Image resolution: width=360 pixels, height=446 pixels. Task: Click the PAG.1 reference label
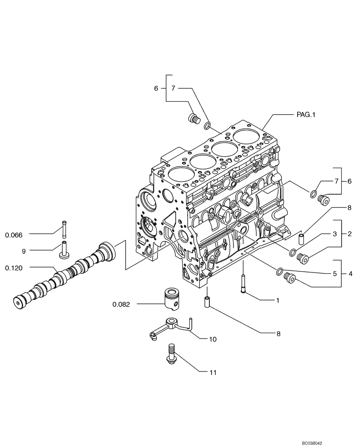tap(306, 115)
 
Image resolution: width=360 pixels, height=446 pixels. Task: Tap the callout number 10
tap(213, 339)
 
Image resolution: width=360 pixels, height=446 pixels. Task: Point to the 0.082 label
tap(121, 305)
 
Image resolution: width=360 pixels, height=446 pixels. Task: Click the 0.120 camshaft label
tap(14, 268)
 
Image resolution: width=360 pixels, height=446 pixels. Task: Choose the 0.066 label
tap(14, 234)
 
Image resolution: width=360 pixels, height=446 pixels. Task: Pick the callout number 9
tap(24, 251)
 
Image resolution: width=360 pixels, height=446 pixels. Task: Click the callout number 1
tap(277, 301)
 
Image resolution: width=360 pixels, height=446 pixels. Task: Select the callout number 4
tap(351, 273)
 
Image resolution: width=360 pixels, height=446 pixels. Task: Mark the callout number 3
tap(333, 234)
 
